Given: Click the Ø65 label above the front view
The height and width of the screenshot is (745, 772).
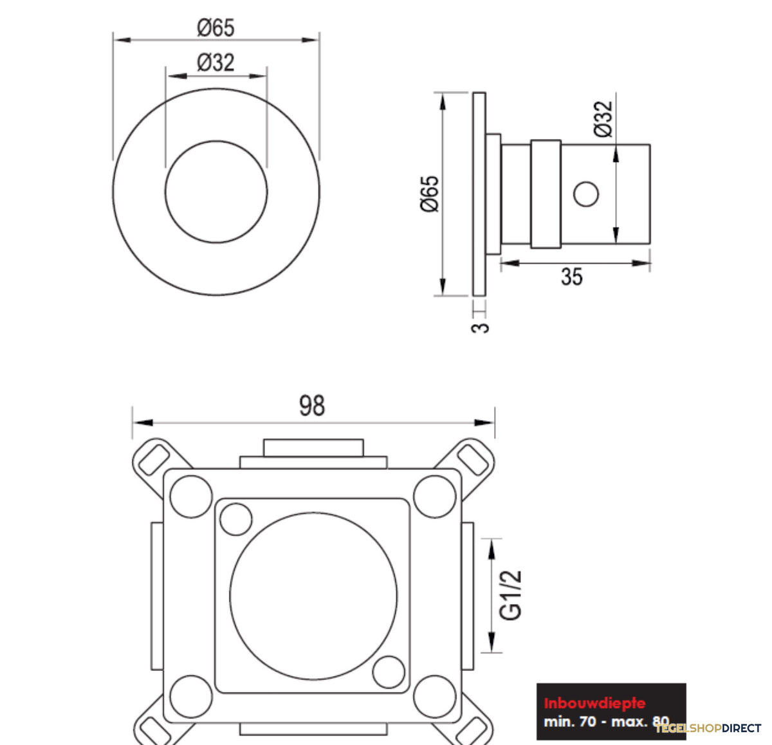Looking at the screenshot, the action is tap(216, 28).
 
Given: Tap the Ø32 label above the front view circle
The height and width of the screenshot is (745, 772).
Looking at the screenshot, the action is tap(216, 62).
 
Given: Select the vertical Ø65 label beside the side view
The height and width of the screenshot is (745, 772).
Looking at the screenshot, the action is tap(430, 194).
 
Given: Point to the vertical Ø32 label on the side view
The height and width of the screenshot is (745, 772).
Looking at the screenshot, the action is tap(603, 119).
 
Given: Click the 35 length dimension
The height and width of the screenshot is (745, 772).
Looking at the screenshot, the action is tap(572, 277).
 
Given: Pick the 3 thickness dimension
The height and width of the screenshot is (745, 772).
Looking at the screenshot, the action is tap(480, 327).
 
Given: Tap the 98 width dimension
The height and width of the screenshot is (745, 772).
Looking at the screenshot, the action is tap(312, 405).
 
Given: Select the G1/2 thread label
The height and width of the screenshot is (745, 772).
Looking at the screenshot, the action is tap(510, 595).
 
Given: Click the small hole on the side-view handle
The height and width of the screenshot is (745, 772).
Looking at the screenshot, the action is tap(586, 194).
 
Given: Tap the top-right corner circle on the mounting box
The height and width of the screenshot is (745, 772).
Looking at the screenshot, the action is tap(435, 497).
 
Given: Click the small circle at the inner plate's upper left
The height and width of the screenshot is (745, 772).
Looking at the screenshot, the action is tap(235, 519).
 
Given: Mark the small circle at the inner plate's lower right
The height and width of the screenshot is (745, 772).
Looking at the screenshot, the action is tap(389, 672).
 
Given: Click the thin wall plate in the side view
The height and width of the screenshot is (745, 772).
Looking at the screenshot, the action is tap(479, 194).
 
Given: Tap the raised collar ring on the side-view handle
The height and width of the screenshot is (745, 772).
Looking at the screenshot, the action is tap(546, 194).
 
